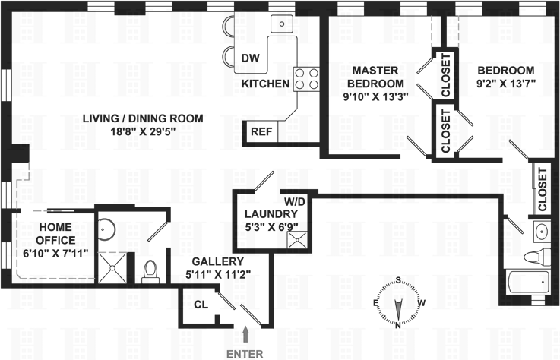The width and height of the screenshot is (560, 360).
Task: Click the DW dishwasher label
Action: coord(250,58)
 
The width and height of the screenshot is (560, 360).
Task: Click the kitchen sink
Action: coord(282,24)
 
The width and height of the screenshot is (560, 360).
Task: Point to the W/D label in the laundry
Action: coord(295,202)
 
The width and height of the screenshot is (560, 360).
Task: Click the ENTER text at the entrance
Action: coord(244,352)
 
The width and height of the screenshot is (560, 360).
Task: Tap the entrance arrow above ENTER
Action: coord(245,333)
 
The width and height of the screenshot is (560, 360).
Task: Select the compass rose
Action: coord(397,303)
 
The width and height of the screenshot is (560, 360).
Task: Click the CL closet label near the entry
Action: coord(200,305)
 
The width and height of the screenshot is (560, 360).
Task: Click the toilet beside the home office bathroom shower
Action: coord(150,270)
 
